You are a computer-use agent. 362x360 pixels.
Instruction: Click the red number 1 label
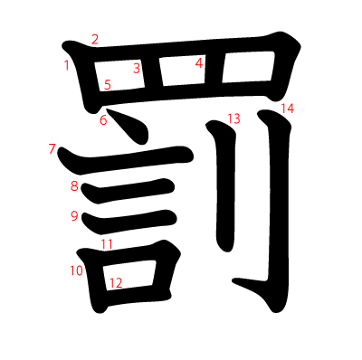67,65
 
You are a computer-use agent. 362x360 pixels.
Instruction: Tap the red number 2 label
95,40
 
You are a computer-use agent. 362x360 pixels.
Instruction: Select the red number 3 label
137,68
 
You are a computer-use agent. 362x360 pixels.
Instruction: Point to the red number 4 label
199,63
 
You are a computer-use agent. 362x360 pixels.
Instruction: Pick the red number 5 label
108,85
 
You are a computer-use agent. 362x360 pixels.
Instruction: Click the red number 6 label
103,120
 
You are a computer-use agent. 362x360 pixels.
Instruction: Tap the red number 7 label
52,149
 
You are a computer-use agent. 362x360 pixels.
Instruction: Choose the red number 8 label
74,186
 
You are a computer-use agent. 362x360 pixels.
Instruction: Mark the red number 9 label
74,216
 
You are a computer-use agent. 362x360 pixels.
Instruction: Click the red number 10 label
77,270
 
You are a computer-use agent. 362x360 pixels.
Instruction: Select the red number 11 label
107,244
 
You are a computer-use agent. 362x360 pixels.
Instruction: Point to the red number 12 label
116,283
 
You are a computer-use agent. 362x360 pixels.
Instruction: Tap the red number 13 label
233,118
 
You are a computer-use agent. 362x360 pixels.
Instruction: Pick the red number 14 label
288,109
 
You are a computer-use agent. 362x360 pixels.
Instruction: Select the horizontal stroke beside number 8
129,191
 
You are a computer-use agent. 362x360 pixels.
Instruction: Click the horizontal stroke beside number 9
129,223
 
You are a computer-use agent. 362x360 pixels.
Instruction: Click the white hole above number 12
129,275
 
